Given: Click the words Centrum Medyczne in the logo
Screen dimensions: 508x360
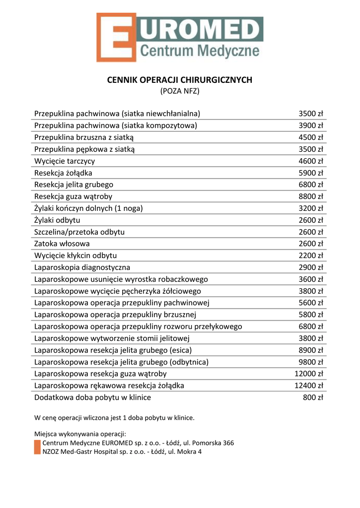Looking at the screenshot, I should pyautogui.click(x=200, y=51).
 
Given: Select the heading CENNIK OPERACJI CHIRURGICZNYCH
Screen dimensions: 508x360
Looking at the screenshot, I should pyautogui.click(x=180, y=80).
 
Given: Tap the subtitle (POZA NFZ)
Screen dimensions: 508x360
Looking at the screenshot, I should pyautogui.click(x=180, y=91).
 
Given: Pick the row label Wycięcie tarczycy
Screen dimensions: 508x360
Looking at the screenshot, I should pyautogui.click(x=65, y=161).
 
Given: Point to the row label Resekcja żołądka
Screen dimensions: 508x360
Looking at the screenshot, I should pyautogui.click(x=63, y=173).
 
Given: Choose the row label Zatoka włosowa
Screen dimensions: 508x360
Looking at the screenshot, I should pyautogui.click(x=62, y=244).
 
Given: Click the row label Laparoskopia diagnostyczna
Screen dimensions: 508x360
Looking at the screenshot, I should pyautogui.click(x=82, y=267).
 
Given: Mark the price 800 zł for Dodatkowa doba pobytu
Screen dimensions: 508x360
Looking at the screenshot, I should pyautogui.click(x=313, y=397).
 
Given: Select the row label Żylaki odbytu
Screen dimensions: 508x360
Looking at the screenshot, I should pyautogui.click(x=57, y=220).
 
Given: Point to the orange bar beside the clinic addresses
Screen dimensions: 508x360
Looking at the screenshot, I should pyautogui.click(x=37, y=447).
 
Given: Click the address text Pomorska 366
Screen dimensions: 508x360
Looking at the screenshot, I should pyautogui.click(x=213, y=443).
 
